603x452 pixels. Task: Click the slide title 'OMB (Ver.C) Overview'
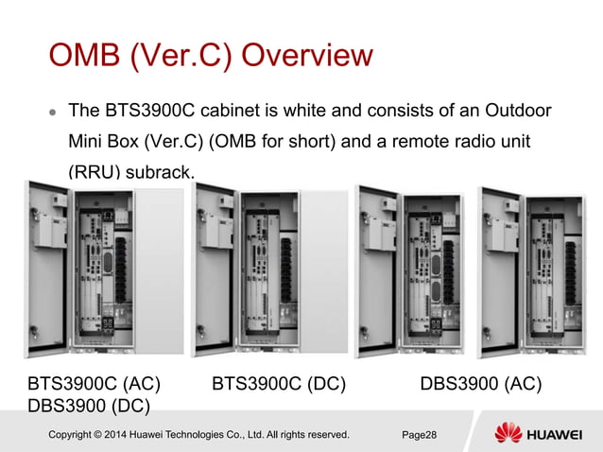pos(211,56)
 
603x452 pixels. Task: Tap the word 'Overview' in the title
pos(307,56)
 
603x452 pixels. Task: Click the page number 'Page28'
pos(419,435)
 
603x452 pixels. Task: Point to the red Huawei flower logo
pos(508,434)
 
